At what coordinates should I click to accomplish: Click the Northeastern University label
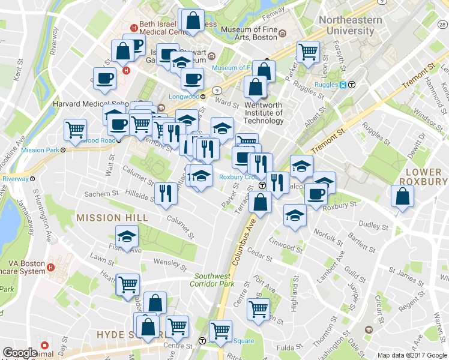(x=350, y=25)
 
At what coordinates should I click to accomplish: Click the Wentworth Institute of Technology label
(x=264, y=113)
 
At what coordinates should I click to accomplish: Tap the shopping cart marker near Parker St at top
(x=308, y=52)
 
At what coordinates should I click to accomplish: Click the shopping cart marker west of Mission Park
(x=76, y=130)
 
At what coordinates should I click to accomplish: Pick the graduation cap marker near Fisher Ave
(x=127, y=237)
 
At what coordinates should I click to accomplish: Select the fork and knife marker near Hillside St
(x=164, y=193)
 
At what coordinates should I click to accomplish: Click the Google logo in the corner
(x=20, y=353)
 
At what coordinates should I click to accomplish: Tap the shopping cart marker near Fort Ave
(x=259, y=310)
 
